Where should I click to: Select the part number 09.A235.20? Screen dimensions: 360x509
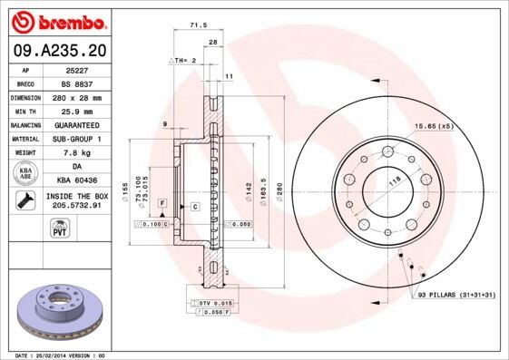coord(58,51)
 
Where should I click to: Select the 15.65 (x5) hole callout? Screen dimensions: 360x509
coord(433,126)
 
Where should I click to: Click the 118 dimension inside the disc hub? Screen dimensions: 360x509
coord(395,182)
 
